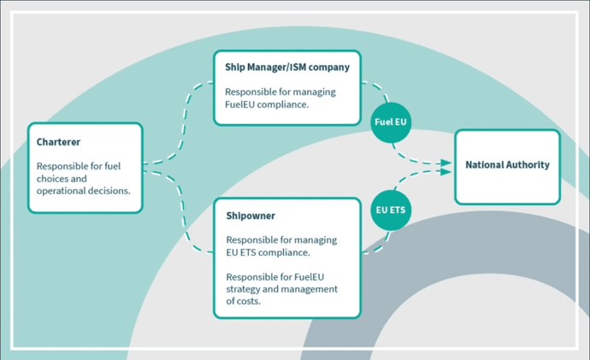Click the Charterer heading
pos(58,143)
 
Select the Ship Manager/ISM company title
pos(287,67)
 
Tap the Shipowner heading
pos(251,216)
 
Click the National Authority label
pos(507,164)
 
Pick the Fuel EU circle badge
pos(392,122)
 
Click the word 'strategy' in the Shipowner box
pos(246,289)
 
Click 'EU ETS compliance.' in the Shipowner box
pos(267,252)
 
